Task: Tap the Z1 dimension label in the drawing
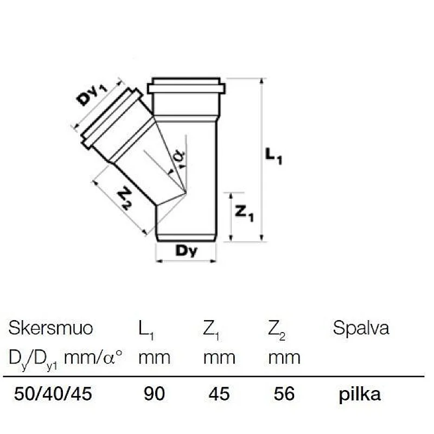244,213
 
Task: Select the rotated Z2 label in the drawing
125,198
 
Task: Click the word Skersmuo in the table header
50,328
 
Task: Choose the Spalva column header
361,328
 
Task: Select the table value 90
154,393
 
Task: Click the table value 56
284,393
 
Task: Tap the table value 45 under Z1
220,393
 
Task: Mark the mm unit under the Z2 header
284,358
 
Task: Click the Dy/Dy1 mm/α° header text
65,358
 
